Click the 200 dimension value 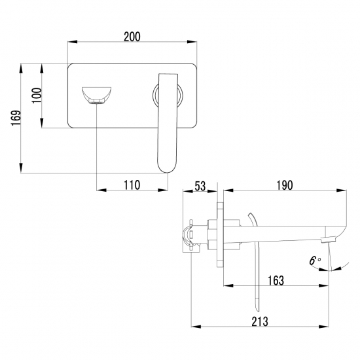pos(132,37)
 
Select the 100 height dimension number pos(37,96)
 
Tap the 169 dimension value pos(16,118)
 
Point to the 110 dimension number pos(132,185)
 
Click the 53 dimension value pos(200,186)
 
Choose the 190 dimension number pos(285,185)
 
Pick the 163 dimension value pos(276,281)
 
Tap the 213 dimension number pos(260,321)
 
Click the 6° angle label pos(315,261)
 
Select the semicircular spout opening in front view pos(97,95)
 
